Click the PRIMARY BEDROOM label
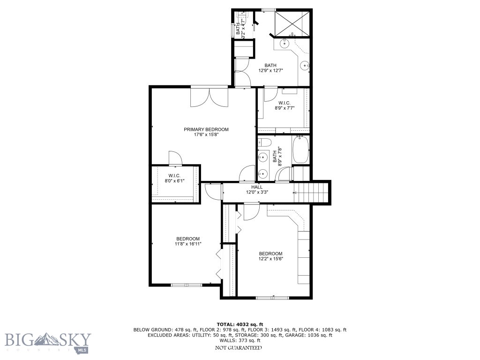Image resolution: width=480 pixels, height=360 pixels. (206, 129)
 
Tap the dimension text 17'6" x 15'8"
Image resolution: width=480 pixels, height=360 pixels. (206, 135)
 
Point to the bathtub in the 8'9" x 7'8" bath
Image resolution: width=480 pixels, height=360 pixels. (300, 150)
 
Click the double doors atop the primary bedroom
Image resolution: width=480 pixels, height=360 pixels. (209, 96)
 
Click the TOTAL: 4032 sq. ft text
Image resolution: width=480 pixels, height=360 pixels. (240, 324)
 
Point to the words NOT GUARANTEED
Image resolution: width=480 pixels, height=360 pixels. (238, 348)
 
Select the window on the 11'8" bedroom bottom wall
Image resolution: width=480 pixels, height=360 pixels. (186, 285)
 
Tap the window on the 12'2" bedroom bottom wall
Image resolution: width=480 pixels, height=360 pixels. (272, 297)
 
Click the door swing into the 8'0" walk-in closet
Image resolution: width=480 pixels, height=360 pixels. (175, 158)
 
